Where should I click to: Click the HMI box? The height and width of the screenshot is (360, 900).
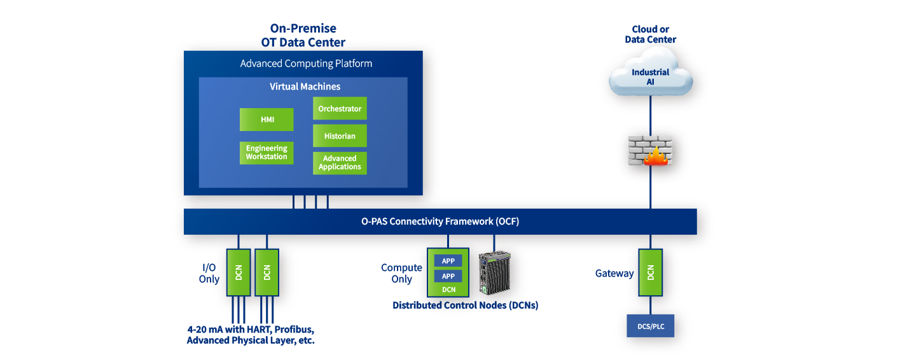tap(267, 120)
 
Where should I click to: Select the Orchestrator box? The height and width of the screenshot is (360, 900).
tap(340, 108)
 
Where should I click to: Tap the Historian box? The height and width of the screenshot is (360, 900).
tap(340, 136)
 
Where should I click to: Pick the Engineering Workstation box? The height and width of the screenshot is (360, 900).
tap(267, 153)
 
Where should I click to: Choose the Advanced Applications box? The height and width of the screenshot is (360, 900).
tap(340, 163)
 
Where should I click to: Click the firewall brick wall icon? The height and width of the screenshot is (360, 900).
tap(650, 151)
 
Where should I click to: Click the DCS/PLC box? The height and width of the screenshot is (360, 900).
tap(651, 326)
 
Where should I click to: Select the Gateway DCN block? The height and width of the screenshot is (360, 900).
tap(651, 272)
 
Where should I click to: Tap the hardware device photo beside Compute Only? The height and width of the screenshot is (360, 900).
tap(495, 272)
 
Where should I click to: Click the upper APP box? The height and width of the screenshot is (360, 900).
tap(448, 261)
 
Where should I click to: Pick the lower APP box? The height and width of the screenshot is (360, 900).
tap(448, 276)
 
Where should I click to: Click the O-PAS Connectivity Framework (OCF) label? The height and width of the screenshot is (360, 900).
tap(440, 221)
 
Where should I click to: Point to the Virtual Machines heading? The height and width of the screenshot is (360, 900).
tap(305, 87)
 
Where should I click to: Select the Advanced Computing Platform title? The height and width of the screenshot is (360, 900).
tap(306, 64)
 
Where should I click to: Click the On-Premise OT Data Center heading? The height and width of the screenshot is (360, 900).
tap(303, 36)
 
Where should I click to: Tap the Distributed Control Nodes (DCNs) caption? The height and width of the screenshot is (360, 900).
tap(466, 305)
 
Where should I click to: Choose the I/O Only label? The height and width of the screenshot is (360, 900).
tap(209, 273)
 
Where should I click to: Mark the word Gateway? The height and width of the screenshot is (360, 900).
tap(614, 273)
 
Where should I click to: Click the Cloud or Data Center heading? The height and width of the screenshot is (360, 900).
tap(651, 34)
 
